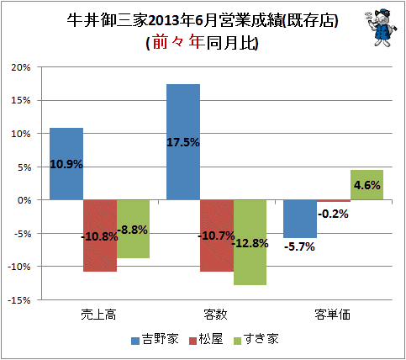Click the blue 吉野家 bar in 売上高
[66, 164]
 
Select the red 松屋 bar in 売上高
[100, 236]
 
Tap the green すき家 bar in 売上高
[133, 229]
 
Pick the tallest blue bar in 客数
[183, 142]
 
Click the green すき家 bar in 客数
[250, 242]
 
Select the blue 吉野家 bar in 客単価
[300, 219]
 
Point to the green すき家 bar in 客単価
[366, 185]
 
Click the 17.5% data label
[183, 142]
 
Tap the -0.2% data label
[333, 214]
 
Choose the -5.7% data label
[299, 246]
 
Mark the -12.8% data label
[250, 243]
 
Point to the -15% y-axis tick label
[18, 300]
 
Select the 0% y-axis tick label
[24, 200]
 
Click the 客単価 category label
[332, 315]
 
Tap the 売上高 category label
[98, 315]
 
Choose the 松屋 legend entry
[206, 339]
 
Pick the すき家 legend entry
[256, 339]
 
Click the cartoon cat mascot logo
[381, 28]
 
